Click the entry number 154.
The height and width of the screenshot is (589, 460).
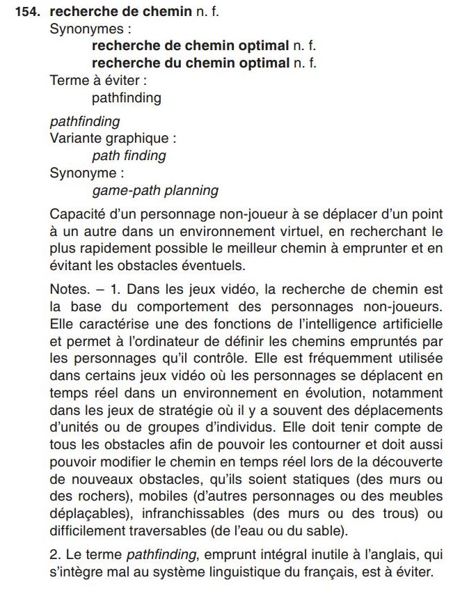pos(29,11)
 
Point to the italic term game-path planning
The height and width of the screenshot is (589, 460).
pos(154,190)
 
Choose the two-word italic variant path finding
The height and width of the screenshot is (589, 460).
pos(129,155)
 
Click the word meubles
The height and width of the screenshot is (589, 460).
pos(416,496)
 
